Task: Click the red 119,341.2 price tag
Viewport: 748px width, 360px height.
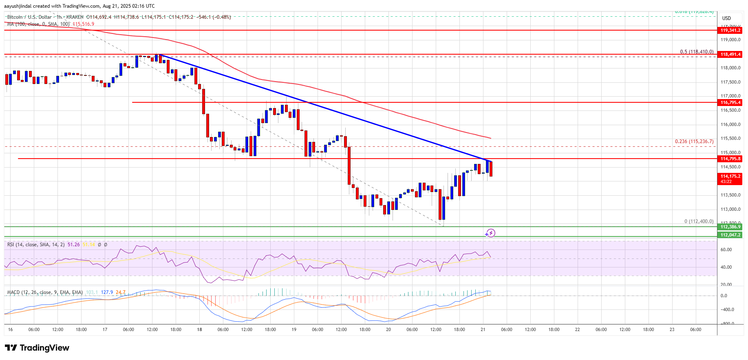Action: point(730,31)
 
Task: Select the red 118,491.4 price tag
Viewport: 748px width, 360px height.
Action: point(730,55)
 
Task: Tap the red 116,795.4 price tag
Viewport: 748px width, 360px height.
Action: point(730,103)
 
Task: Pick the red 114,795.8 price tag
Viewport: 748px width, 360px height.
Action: point(730,159)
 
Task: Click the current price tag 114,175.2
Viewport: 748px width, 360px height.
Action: point(730,177)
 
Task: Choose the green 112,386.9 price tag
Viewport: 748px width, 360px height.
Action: point(730,227)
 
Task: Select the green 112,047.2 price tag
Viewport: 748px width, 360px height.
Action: point(730,235)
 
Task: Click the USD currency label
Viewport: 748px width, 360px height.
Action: point(726,18)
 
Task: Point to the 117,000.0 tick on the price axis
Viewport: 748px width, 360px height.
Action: point(730,96)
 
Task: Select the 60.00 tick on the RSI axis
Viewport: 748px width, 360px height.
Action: point(726,250)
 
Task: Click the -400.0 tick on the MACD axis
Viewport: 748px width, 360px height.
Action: point(727,310)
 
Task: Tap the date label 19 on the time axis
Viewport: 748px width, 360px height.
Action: point(294,330)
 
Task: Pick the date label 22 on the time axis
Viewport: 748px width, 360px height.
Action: point(577,330)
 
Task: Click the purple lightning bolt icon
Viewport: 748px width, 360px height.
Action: point(490,233)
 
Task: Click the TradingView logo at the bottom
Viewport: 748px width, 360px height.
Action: point(37,348)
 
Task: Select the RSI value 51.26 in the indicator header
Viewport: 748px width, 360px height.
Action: point(74,245)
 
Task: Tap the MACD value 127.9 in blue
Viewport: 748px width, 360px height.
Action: point(107,292)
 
